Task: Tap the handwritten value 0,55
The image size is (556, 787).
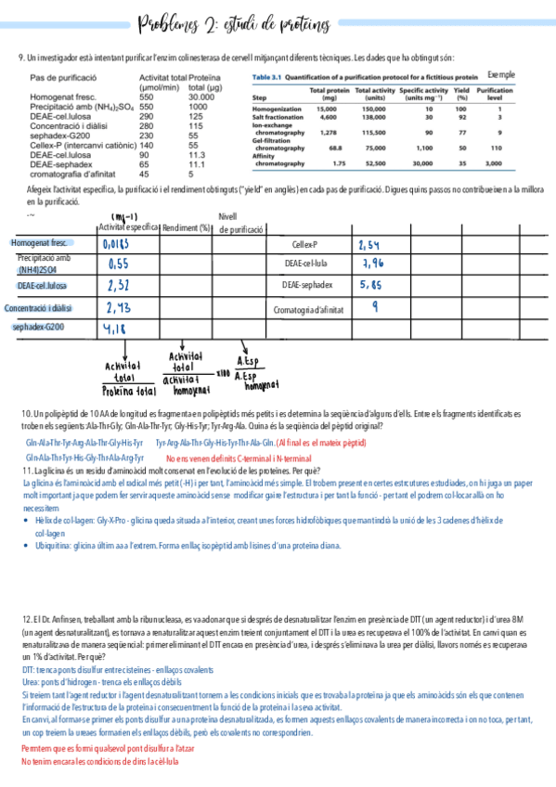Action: point(118,264)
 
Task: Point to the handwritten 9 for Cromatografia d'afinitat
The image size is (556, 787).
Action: point(373,307)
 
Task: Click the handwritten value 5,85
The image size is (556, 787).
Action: point(371,286)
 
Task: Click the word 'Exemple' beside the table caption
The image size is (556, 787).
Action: point(500,74)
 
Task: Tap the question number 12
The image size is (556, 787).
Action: point(25,618)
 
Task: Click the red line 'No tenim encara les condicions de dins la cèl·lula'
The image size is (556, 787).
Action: point(99,762)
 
